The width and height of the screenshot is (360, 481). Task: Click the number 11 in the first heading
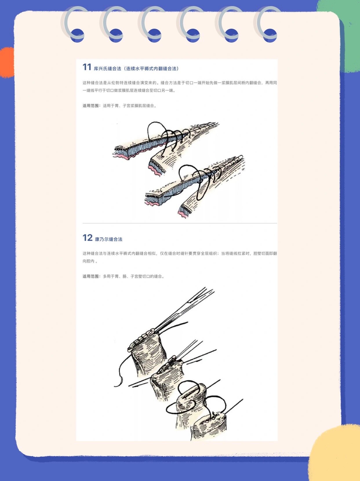tap(87, 67)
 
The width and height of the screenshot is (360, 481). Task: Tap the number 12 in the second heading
tap(88, 238)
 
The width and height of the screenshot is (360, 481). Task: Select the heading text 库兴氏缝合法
tap(107, 69)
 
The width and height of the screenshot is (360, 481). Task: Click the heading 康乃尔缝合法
tap(108, 239)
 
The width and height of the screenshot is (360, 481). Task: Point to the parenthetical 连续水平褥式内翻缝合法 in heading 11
tap(151, 69)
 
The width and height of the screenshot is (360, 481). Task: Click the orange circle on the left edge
tap(7, 63)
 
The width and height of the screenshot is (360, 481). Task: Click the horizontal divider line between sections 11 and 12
tap(180, 223)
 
